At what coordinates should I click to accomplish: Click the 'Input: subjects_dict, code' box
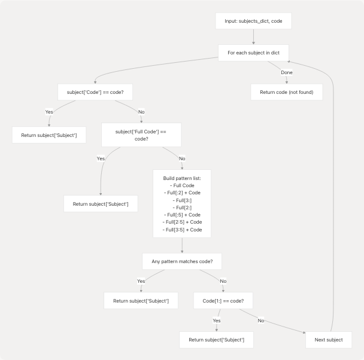coord(253,21)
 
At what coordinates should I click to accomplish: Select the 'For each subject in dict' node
coord(253,53)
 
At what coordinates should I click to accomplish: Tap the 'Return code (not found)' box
coord(286,92)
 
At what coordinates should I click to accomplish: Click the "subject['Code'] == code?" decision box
coord(95,92)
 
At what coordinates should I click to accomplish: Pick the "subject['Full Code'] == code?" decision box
coord(141,135)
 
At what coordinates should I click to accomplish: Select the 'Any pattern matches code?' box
coord(182,261)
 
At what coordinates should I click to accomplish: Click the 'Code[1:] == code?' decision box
coord(223,300)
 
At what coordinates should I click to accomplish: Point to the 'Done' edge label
coord(287,72)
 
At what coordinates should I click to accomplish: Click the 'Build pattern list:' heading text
coord(182,178)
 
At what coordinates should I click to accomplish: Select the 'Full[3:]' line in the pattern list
coord(182,200)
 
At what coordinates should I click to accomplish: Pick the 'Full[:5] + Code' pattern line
coord(182,215)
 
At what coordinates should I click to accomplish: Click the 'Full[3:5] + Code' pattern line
coord(182,230)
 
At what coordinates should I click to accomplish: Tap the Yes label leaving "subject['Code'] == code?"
coord(49,112)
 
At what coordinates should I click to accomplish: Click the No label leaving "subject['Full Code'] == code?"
coord(182,158)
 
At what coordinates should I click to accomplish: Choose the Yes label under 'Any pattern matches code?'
coord(141,280)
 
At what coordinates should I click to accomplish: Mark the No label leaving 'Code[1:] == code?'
coord(261,320)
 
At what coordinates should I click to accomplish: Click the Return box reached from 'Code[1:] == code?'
coord(216,340)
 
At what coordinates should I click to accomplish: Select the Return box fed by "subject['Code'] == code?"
coord(49,135)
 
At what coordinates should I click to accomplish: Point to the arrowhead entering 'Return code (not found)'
coord(286,82)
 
